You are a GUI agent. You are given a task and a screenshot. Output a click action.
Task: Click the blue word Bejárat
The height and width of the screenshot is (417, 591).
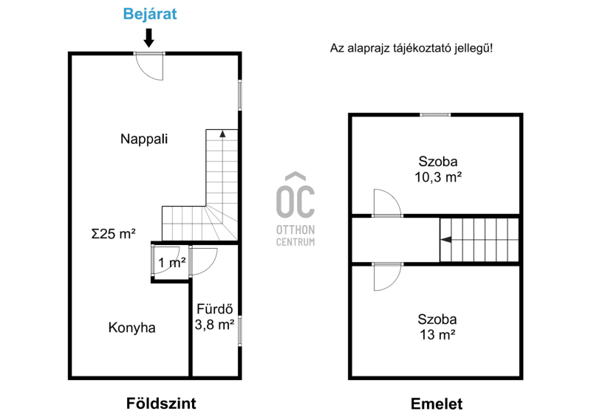[150, 14]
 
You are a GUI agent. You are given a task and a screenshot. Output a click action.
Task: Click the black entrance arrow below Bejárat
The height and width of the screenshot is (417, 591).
[149, 38]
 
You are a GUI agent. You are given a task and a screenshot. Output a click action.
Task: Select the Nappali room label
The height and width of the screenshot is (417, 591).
[144, 139]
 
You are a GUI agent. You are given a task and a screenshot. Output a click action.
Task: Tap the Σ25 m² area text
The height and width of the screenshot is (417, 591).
[114, 233]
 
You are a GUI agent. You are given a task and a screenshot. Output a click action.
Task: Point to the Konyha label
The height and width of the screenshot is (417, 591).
[131, 328]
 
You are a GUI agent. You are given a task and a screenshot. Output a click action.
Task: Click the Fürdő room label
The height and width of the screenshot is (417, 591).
[214, 309]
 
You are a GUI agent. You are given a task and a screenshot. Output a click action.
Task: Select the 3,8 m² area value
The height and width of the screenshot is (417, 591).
[214, 324]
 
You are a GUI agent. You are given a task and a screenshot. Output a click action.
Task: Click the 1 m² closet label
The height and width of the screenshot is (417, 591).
[172, 263]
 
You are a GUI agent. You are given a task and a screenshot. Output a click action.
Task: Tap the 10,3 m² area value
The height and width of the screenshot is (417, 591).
[438, 177]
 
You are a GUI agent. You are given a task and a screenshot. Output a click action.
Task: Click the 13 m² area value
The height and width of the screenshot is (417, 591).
[437, 334]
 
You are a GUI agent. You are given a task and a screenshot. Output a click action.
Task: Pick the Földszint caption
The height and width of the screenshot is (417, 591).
[161, 404]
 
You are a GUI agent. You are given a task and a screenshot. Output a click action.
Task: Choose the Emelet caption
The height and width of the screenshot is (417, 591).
[437, 404]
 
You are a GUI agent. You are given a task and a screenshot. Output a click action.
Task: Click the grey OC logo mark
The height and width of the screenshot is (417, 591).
[295, 196]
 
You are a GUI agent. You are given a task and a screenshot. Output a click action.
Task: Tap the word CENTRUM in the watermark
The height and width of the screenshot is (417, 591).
[295, 242]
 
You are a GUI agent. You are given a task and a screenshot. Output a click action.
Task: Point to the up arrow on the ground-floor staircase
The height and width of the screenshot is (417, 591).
[222, 133]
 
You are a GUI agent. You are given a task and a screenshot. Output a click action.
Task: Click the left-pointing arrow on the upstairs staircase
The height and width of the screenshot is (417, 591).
[446, 239]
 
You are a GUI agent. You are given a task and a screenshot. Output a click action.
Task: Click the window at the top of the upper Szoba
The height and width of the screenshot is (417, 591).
[435, 114]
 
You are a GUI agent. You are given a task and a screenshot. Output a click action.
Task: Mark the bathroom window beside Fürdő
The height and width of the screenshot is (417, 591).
[239, 331]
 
